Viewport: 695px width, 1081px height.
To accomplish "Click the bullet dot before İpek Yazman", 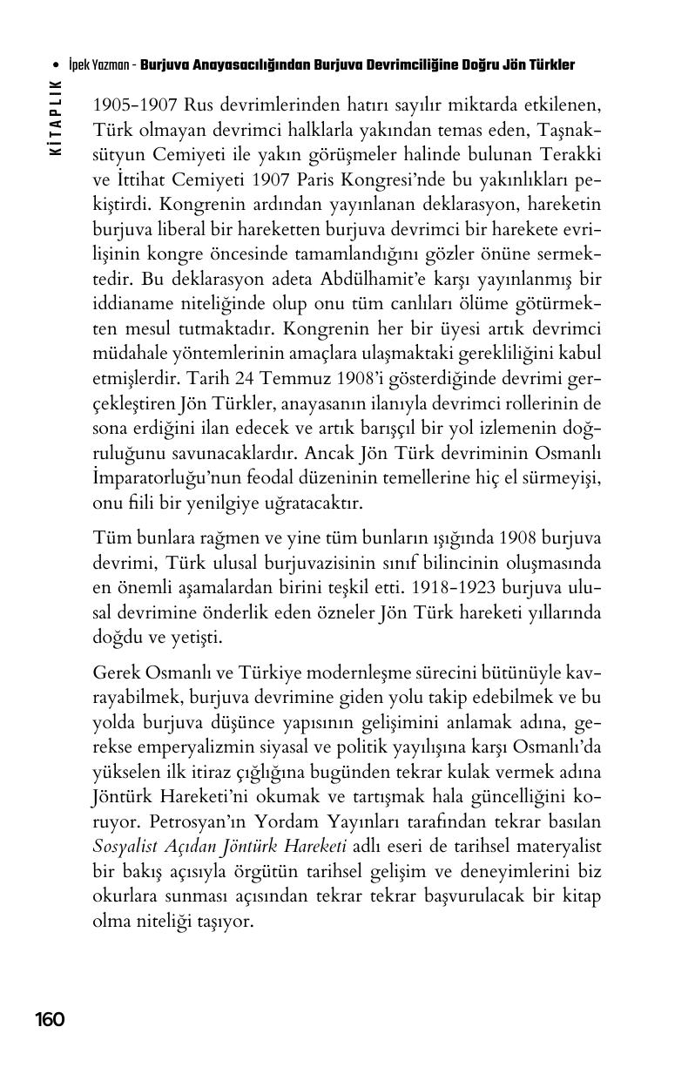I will (x=56, y=65).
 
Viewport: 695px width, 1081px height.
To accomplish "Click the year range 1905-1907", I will (x=135, y=106).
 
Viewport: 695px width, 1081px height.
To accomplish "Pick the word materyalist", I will (x=557, y=848).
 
